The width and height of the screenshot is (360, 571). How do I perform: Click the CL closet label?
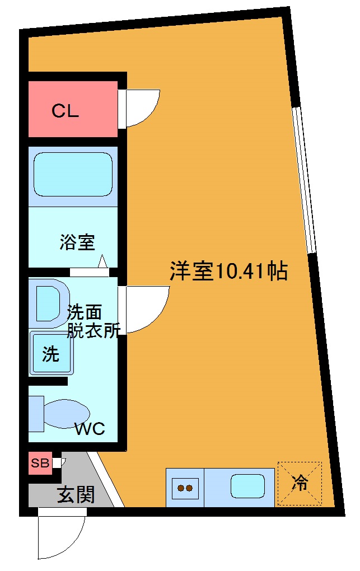click(66, 111)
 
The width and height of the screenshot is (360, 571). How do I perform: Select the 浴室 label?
click(78, 242)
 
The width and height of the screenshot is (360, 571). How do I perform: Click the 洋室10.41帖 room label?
click(228, 272)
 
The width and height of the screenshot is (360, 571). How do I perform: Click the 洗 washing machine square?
click(51, 354)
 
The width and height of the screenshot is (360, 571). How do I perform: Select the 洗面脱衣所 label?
click(93, 321)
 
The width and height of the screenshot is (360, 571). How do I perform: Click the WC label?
click(90, 429)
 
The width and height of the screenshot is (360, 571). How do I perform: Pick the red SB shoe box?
click(40, 463)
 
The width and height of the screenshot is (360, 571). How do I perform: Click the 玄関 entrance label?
click(76, 495)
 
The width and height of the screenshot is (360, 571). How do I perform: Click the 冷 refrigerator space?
click(300, 483)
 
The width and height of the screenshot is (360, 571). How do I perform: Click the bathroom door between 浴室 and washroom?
click(90, 273)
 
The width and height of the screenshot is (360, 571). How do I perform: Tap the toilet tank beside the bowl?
click(36, 414)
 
